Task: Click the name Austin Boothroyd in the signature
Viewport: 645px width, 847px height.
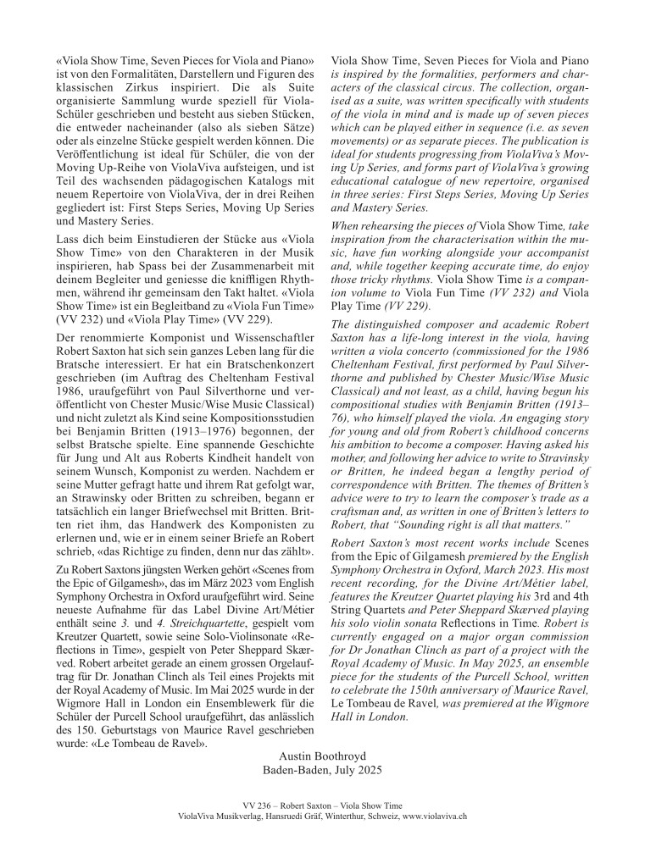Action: pyautogui.click(x=323, y=754)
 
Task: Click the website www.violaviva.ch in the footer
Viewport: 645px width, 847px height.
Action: pyautogui.click(x=432, y=816)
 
